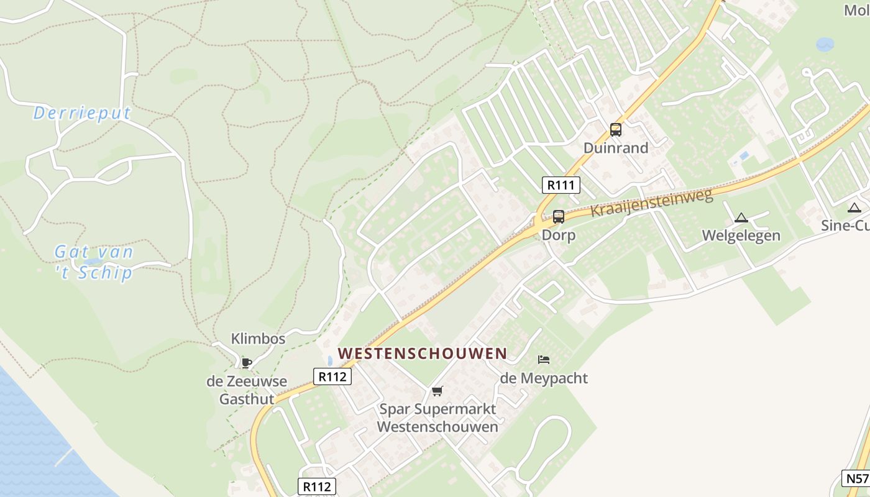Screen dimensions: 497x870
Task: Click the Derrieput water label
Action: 82,113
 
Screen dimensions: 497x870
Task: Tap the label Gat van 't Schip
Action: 94,262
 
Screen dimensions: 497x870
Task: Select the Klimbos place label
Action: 258,339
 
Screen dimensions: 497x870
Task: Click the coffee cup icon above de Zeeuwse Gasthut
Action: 247,362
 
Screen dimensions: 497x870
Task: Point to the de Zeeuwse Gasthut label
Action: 247,390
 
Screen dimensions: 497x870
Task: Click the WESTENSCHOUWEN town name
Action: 423,353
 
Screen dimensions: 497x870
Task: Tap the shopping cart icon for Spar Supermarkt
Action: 437,391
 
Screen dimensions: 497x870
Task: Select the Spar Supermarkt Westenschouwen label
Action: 437,418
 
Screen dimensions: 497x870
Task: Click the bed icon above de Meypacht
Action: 544,360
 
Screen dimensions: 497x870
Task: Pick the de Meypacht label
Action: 544,378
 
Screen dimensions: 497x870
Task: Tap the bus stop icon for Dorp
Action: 559,217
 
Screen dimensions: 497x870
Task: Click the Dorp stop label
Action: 559,235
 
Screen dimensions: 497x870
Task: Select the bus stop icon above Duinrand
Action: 616,130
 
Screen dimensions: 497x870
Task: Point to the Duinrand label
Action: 616,148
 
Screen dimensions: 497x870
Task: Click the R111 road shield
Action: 561,185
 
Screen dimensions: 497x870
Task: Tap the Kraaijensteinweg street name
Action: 651,203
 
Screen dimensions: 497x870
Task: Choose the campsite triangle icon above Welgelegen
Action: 741,217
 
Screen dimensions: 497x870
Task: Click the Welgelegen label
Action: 741,236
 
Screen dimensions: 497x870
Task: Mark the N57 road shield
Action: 856,478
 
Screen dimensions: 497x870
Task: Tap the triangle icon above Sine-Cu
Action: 854,208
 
